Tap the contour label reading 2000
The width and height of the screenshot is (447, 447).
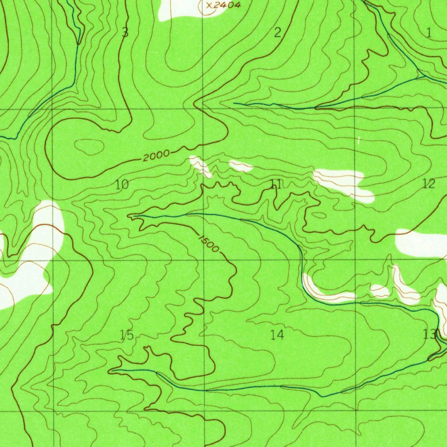156,155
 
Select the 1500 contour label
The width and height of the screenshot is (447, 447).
208,244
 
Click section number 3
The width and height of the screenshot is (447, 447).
125,33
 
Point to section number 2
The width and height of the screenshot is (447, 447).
277,33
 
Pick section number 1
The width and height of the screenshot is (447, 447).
429,32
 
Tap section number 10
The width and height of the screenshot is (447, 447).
122,185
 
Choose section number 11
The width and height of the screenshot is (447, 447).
276,185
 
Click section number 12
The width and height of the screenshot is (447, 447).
429,184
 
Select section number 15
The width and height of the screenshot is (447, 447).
127,335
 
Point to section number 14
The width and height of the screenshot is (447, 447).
277,335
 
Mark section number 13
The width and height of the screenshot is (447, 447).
429,334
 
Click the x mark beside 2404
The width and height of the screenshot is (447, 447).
209,6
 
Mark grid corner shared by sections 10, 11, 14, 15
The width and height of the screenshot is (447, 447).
204,260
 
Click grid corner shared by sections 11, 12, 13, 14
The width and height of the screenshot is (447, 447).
356,260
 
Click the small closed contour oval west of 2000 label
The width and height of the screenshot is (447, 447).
90,147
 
